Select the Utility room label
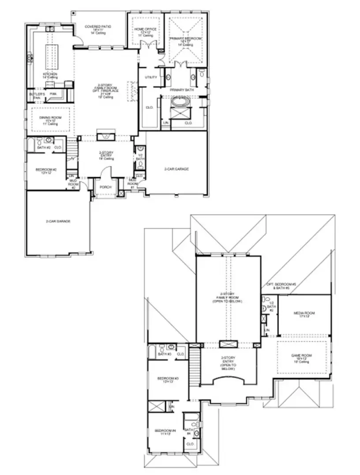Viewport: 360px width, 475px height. coord(151,77)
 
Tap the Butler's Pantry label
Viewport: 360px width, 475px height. coord(34,96)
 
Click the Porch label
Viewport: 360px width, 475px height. coord(105,187)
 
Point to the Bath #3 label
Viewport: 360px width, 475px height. coord(164,354)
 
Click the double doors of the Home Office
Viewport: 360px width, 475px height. coord(146,45)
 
